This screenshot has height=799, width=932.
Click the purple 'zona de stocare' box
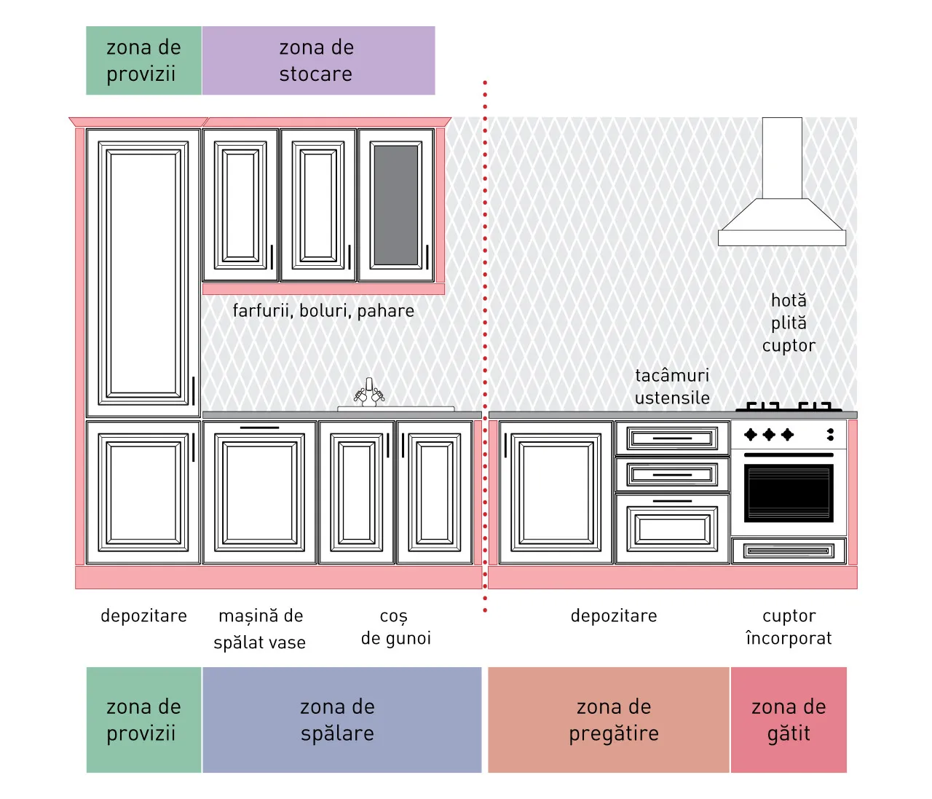pyautogui.click(x=318, y=60)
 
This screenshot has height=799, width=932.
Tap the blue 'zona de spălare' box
pyautogui.click(x=341, y=720)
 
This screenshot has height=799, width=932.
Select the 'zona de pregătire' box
pyautogui.click(x=608, y=720)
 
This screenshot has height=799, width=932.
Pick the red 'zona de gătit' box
pyautogui.click(x=789, y=720)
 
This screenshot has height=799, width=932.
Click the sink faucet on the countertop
pyautogui.click(x=369, y=392)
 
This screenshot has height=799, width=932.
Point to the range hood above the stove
pyautogui.click(x=782, y=181)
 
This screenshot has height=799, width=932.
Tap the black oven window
pyautogui.click(x=789, y=492)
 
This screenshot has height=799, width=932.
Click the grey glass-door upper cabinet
pyautogui.click(x=396, y=205)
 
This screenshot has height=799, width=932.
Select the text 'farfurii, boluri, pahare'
pyautogui.click(x=323, y=311)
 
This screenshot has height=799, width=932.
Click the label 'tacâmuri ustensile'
pyautogui.click(x=672, y=387)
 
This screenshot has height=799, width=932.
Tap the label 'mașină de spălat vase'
pyautogui.click(x=260, y=629)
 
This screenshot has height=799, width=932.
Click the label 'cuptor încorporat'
pyautogui.click(x=789, y=627)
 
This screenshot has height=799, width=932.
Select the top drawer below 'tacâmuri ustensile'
pyautogui.click(x=672, y=438)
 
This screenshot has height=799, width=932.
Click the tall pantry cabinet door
pyautogui.click(x=143, y=273)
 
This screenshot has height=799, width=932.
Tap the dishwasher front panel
pyautogui.click(x=260, y=492)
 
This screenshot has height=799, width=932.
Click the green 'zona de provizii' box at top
pyautogui.click(x=144, y=60)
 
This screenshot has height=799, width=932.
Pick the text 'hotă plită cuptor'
pyautogui.click(x=789, y=323)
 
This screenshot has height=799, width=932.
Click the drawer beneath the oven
pyautogui.click(x=789, y=551)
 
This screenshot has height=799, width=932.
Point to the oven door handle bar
pyautogui.click(x=789, y=454)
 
